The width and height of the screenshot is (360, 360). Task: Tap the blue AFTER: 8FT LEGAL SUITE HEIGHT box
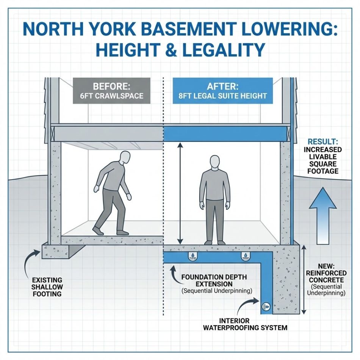point(222,91)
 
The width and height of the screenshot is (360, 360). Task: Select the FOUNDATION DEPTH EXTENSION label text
point(214,280)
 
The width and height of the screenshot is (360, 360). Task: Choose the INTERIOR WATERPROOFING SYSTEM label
point(246,324)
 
